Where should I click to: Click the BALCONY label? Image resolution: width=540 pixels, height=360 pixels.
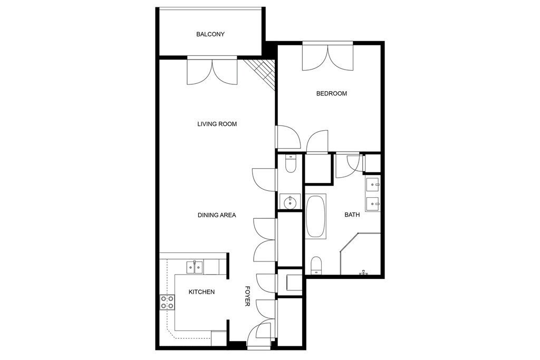coord(210,34)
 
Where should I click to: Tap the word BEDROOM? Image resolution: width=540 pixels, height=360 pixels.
coord(332,93)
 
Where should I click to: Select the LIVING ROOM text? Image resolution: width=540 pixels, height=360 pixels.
coord(217,124)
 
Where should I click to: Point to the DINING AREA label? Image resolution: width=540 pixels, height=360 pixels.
coord(217,215)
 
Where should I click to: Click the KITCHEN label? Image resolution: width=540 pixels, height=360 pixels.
coord(201,292)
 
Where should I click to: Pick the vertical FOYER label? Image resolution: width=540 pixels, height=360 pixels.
coord(247,296)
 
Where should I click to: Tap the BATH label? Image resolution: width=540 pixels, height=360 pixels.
coord(352,215)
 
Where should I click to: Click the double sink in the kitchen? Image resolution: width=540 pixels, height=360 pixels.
coord(195,267)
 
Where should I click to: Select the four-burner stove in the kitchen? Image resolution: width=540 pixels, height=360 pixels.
coord(167,303)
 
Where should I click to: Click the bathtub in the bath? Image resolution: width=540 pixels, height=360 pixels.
coord(315,217)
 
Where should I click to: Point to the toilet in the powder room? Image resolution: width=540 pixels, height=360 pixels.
coord(291,164)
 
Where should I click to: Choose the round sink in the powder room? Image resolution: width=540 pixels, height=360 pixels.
coord(290,201)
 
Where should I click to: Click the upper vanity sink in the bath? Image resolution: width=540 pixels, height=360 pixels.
coord(373,185)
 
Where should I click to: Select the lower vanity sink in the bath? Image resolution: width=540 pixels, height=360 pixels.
coord(373,204)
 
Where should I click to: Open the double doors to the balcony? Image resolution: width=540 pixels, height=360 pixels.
coord(212,71)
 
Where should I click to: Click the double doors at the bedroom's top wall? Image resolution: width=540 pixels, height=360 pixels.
coord(328,56)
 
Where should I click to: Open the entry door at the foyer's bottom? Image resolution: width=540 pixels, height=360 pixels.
coord(259,334)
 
